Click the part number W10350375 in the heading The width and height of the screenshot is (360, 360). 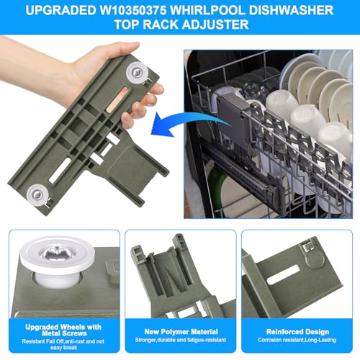click(132, 10)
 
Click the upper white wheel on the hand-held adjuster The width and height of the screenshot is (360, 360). click(137, 73)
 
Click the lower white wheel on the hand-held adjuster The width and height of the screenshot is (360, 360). click(37, 194)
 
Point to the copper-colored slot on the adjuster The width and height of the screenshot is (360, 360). click(116, 99)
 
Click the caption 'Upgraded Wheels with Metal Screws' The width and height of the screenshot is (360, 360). click(63, 330)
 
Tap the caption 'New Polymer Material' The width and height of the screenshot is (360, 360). click(181, 332)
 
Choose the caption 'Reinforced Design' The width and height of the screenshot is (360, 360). click(297, 332)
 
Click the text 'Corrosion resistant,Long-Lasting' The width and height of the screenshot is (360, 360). click(297, 340)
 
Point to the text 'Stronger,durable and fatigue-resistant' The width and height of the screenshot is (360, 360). click(181, 340)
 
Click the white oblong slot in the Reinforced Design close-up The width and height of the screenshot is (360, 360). click(283, 275)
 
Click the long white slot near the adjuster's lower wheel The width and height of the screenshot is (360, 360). click(60, 170)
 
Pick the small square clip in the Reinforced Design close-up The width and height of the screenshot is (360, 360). click(307, 247)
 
